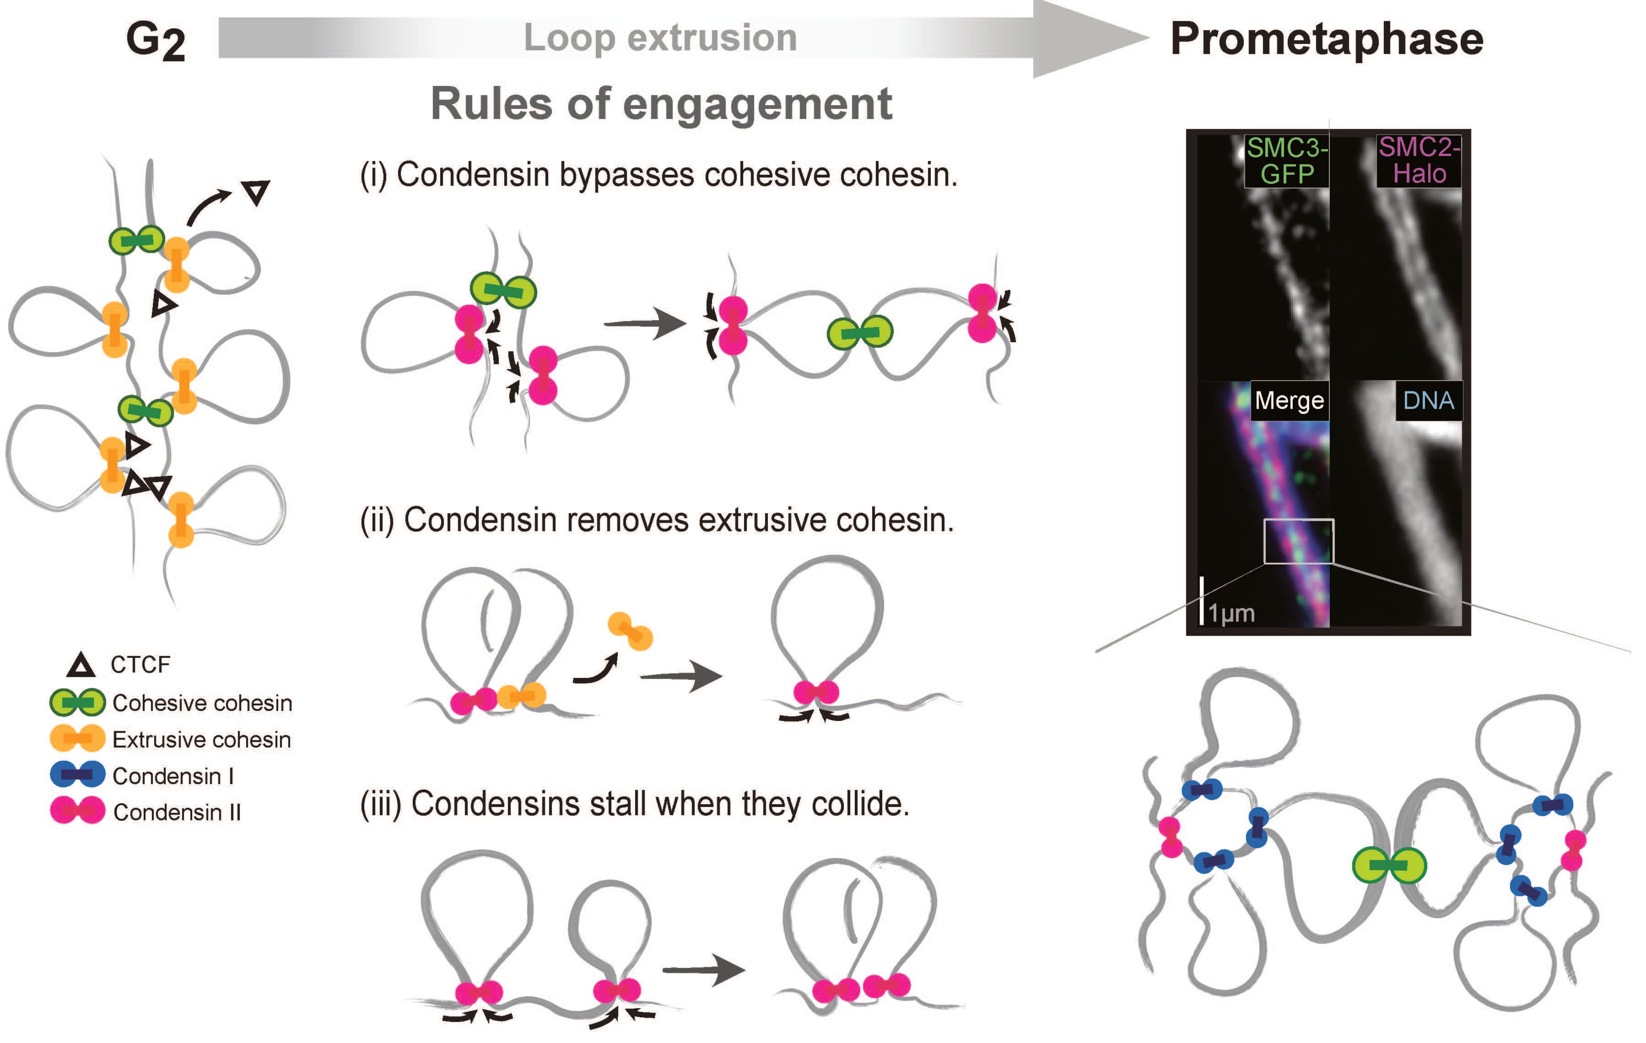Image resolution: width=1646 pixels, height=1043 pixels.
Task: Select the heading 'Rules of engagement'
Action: [661, 104]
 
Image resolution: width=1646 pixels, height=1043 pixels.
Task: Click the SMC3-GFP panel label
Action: [1286, 161]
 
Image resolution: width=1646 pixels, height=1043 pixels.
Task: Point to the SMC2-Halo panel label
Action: [1419, 161]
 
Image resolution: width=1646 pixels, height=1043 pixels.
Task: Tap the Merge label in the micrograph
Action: [1289, 400]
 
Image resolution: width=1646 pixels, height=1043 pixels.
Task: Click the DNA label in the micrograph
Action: [1428, 400]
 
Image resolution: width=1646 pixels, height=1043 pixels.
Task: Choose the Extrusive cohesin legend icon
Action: [77, 739]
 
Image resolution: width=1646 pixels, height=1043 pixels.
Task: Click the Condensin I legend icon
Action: [77, 775]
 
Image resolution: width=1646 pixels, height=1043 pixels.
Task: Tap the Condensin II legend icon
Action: [77, 811]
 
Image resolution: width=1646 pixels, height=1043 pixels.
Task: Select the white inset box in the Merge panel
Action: [1298, 541]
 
